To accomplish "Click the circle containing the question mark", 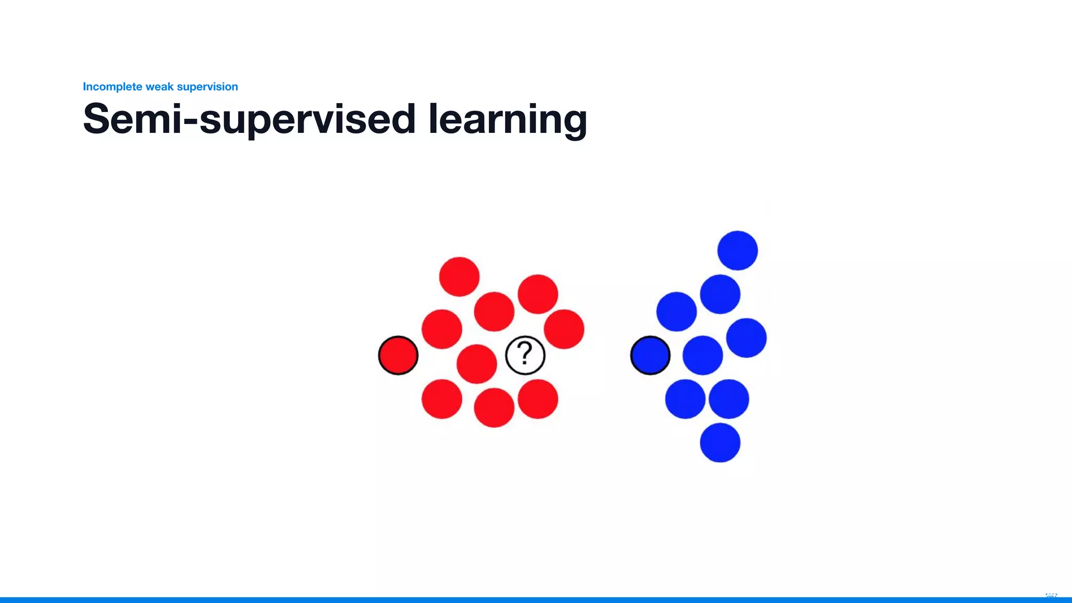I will point(525,355).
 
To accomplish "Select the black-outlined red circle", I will point(398,355).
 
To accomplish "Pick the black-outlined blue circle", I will point(650,355).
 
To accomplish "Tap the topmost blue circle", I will point(738,250).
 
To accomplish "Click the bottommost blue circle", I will point(720,443).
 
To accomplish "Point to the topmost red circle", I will point(459,276).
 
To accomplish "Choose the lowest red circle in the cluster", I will point(494,407).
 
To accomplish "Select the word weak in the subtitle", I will point(159,86).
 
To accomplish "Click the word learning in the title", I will point(508,119).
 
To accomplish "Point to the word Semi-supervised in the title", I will point(249,119).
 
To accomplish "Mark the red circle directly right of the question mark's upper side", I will point(564,329).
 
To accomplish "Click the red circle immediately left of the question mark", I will point(476,364).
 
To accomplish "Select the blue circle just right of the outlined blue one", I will point(702,355).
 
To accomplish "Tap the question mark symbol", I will point(525,353).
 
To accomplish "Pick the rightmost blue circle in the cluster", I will point(746,338).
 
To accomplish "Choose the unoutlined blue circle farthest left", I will point(676,311).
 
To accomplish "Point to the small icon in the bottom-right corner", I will point(1051,596).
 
